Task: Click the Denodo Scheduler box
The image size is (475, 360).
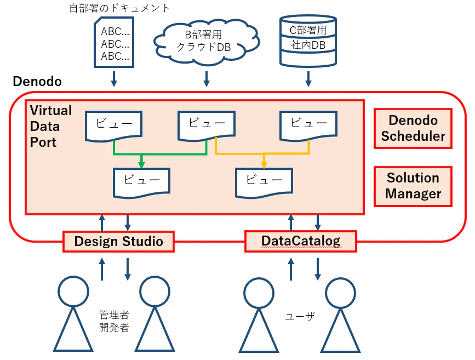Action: tap(413, 128)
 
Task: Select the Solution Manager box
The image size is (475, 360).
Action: tap(413, 186)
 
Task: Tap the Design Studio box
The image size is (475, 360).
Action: tap(118, 242)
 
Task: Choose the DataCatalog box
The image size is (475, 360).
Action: tap(301, 241)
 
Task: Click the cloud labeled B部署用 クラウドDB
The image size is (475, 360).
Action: tap(206, 42)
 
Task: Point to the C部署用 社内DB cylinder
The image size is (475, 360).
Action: tap(308, 41)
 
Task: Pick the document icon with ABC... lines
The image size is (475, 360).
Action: tap(114, 42)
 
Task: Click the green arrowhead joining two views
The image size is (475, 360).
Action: tap(141, 164)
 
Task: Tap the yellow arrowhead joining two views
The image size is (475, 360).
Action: tap(264, 164)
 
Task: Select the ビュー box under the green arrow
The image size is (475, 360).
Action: tap(141, 182)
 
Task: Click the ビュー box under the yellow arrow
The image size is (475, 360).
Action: tap(264, 182)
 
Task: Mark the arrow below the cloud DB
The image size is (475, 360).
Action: tap(207, 79)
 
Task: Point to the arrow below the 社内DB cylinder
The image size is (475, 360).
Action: tap(308, 79)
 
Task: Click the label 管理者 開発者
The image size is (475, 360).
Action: tap(114, 321)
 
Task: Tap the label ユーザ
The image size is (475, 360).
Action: tap(300, 316)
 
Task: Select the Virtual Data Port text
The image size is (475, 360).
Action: tap(50, 127)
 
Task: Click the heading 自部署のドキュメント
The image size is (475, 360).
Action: tap(119, 8)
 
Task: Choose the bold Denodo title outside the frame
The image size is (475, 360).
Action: tap(37, 82)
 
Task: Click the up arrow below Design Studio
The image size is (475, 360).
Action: tap(102, 269)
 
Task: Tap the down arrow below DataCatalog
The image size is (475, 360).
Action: tap(317, 269)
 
